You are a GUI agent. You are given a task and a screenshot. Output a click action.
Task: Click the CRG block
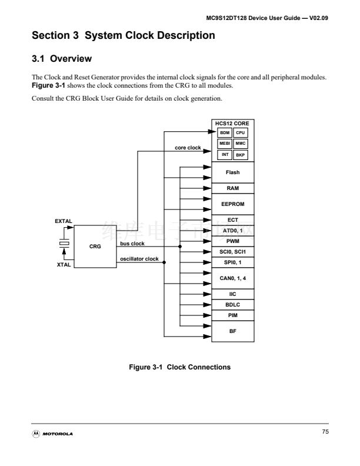(95, 247)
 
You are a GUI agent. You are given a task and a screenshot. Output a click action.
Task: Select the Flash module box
(232, 172)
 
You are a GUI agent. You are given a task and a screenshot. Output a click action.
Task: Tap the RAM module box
(232, 189)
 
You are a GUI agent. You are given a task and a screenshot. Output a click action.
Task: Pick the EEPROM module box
(232, 204)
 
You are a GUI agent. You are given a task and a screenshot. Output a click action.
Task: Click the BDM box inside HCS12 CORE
(224, 133)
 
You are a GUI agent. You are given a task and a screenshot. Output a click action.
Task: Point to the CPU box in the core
(240, 133)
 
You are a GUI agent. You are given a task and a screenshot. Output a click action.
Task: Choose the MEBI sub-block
(224, 144)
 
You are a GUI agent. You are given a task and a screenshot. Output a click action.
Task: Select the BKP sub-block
(240, 155)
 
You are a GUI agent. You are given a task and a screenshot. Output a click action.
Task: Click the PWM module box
(232, 241)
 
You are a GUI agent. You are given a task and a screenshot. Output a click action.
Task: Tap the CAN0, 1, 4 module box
(232, 277)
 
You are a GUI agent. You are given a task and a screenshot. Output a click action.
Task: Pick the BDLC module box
(232, 305)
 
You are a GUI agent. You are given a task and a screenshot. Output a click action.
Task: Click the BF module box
(232, 331)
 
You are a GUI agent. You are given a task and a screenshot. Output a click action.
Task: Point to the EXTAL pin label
(63, 221)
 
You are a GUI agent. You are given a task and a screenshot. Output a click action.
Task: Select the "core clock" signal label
(188, 148)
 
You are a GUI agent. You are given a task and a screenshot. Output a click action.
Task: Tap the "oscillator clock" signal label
(139, 259)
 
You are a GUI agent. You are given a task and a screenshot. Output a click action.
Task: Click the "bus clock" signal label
(132, 243)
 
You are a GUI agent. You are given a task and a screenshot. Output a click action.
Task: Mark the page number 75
(325, 433)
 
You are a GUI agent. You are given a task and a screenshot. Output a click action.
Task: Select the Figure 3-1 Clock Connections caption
(179, 367)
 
